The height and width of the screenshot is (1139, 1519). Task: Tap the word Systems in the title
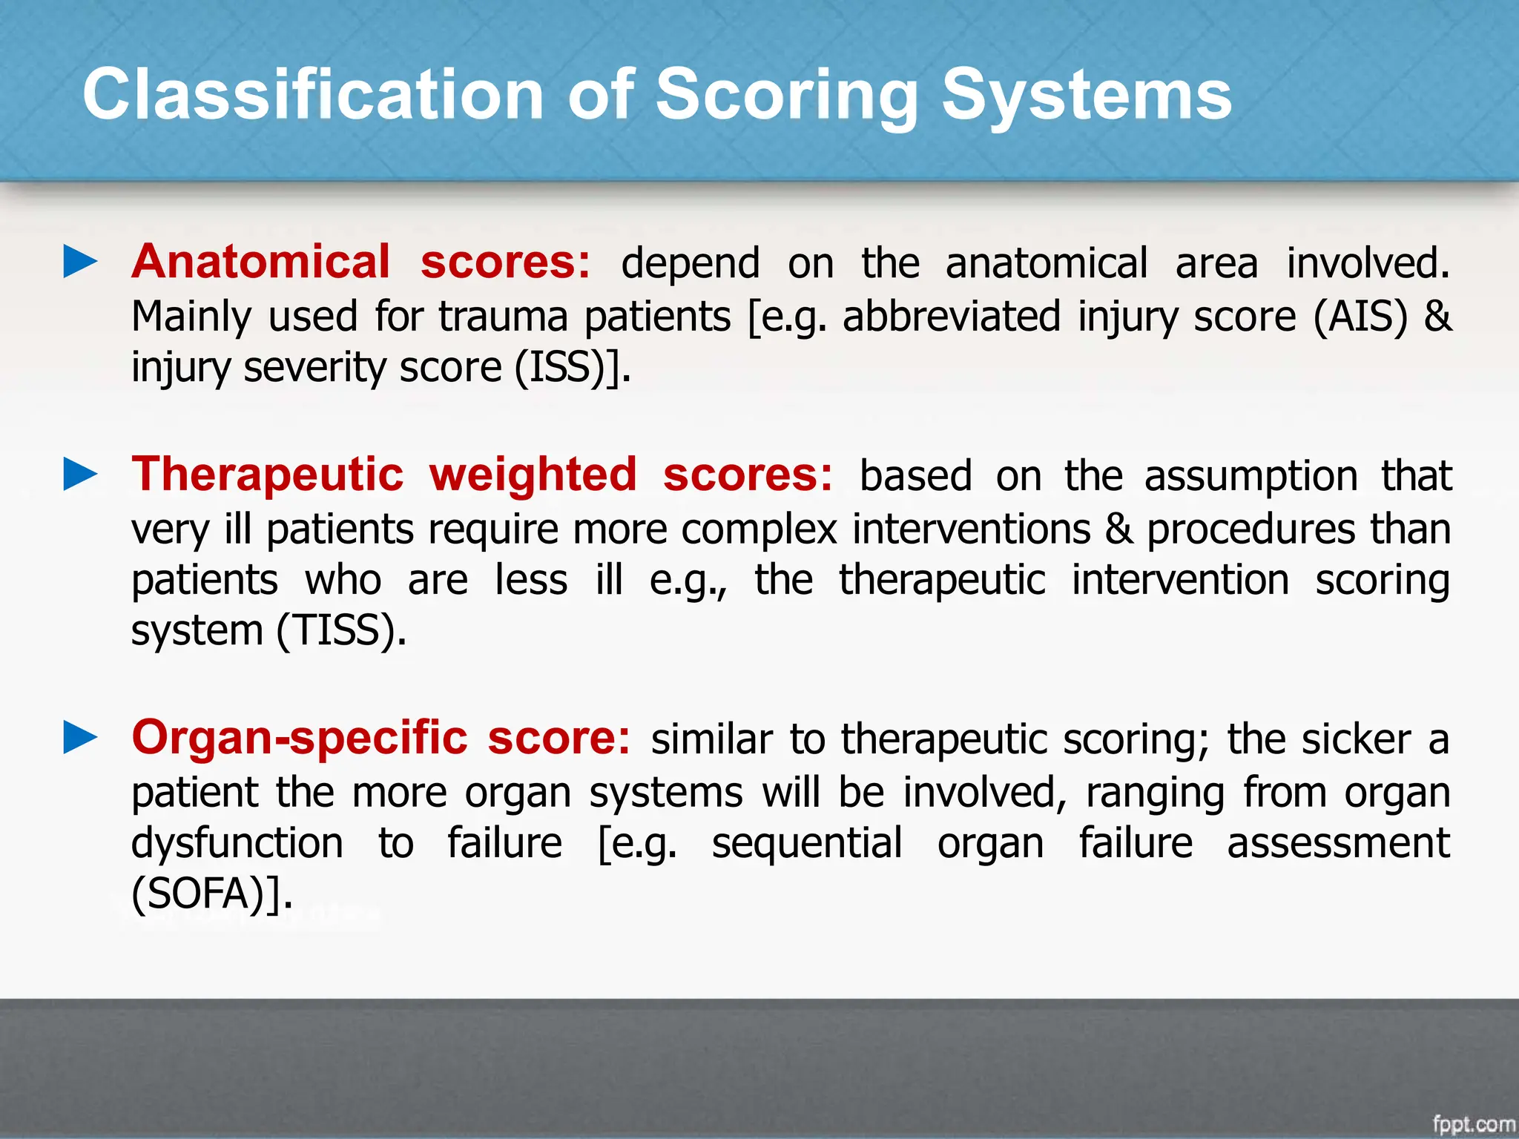[x=1087, y=94]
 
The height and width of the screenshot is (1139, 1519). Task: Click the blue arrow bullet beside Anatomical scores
[x=80, y=263]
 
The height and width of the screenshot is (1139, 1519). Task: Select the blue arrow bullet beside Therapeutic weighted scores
[x=80, y=475]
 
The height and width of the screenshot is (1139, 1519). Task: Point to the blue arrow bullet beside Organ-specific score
[x=80, y=738]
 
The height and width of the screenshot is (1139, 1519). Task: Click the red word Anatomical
[x=260, y=263]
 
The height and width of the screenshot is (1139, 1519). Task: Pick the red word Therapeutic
[x=267, y=475]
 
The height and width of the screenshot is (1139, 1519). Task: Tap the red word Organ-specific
[x=299, y=738]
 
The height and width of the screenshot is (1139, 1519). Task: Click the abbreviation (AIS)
[x=1360, y=317]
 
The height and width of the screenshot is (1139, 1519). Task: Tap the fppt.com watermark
[x=1473, y=1124]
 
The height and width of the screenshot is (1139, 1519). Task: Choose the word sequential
[x=806, y=843]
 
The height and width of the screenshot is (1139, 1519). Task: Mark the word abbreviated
[x=951, y=317]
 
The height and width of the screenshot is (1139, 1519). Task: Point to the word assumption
[x=1251, y=476]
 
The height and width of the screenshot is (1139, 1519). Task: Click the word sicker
[x=1356, y=739]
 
